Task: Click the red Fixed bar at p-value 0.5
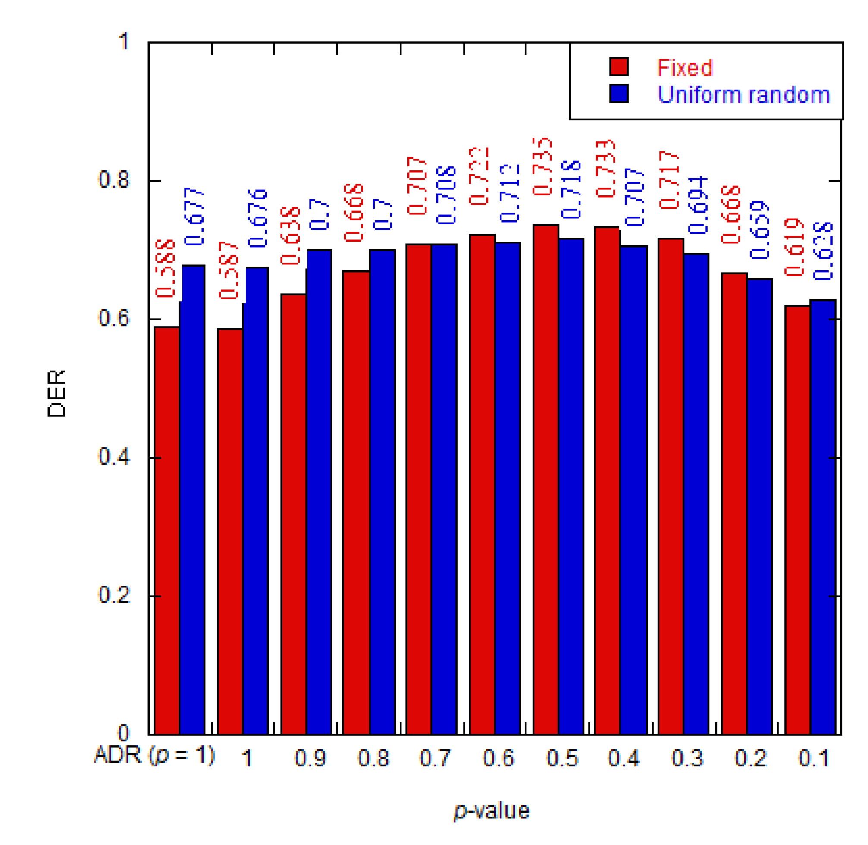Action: click(x=545, y=479)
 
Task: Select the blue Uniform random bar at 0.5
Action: click(x=571, y=486)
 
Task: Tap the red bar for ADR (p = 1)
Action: click(x=166, y=531)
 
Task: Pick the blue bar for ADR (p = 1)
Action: click(x=193, y=499)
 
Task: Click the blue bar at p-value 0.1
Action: click(x=823, y=517)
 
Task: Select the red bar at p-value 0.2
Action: click(x=734, y=504)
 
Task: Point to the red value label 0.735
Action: click(x=542, y=166)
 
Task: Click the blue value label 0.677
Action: click(x=194, y=217)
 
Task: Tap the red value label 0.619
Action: click(x=794, y=247)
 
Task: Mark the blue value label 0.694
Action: click(x=698, y=205)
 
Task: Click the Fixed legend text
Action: click(x=684, y=68)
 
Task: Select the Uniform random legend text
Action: click(x=743, y=94)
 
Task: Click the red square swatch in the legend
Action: click(x=619, y=67)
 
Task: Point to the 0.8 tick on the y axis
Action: click(x=113, y=180)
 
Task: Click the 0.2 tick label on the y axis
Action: click(x=113, y=595)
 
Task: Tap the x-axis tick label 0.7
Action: click(x=435, y=758)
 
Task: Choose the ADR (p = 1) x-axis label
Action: click(x=154, y=755)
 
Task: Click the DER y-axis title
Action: click(x=56, y=393)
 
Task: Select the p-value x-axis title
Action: click(x=491, y=811)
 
